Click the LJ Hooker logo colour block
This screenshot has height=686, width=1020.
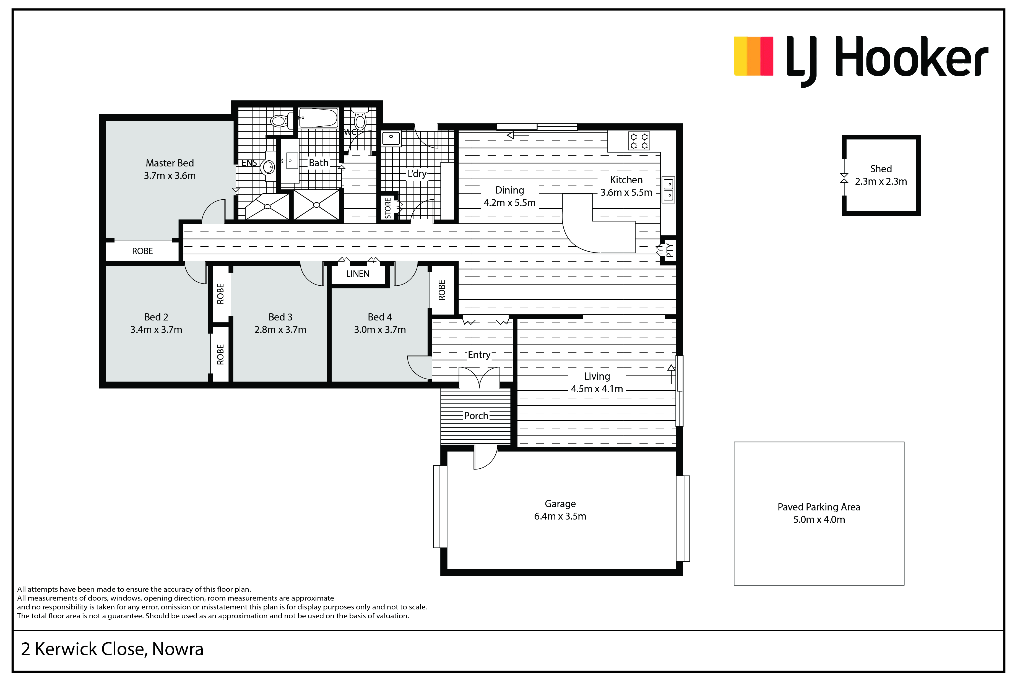(753, 56)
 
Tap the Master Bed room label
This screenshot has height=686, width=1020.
(170, 163)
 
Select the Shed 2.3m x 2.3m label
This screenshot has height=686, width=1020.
(881, 175)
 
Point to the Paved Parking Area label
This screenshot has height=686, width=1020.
(819, 507)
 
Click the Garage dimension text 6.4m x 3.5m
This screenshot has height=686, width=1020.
(560, 516)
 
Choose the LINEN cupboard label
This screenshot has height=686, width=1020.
(358, 274)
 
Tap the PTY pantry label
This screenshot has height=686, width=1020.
(670, 250)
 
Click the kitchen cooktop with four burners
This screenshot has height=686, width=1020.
(639, 141)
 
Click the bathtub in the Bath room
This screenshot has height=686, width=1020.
(318, 118)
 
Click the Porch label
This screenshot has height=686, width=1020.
(476, 416)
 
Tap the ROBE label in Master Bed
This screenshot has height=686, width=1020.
(143, 251)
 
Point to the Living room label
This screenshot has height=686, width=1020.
(597, 376)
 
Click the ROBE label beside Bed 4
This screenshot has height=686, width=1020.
(442, 290)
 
